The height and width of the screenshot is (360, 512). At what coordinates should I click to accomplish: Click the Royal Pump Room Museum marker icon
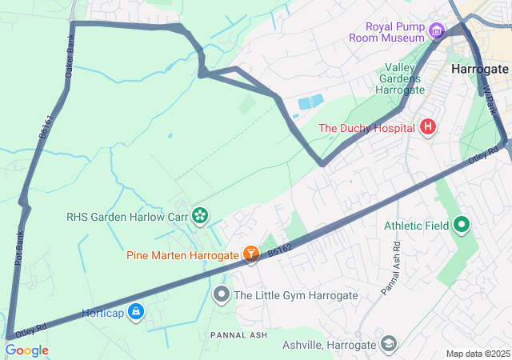(436, 31)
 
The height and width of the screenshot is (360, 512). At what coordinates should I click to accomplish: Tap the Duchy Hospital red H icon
(428, 127)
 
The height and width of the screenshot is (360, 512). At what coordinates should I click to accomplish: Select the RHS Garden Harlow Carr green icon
(199, 214)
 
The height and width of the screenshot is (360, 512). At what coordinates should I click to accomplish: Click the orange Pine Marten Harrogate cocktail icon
(250, 254)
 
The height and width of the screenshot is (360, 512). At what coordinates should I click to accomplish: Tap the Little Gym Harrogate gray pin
(222, 295)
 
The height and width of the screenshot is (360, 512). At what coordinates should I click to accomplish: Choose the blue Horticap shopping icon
(136, 311)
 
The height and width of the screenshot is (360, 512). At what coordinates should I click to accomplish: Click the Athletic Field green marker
(461, 226)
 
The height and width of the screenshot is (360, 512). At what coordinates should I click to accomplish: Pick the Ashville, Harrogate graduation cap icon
(389, 344)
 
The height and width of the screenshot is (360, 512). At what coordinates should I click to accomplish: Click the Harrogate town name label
(479, 69)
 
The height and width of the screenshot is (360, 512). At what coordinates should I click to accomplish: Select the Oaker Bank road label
(70, 54)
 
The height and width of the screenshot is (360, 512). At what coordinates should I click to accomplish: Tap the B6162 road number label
(280, 250)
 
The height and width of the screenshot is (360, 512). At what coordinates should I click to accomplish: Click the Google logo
(26, 350)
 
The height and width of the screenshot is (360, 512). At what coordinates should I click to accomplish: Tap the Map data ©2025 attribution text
(477, 354)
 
